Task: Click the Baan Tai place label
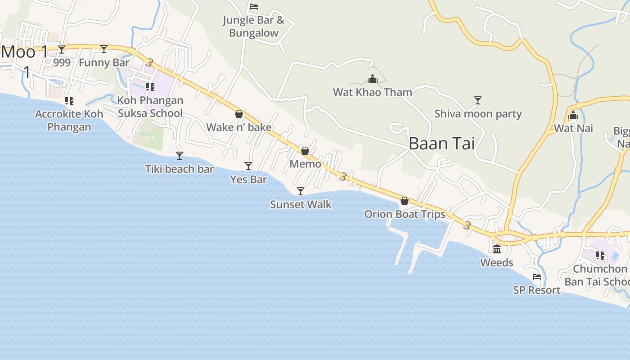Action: pyautogui.click(x=441, y=144)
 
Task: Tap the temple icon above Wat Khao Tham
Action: pyautogui.click(x=373, y=79)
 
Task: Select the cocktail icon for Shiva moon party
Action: pyautogui.click(x=478, y=100)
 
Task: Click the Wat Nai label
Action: pyautogui.click(x=573, y=128)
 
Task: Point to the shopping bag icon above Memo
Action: pyautogui.click(x=305, y=151)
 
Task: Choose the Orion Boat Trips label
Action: pyautogui.click(x=405, y=214)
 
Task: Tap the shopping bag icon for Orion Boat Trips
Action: pyautogui.click(x=405, y=201)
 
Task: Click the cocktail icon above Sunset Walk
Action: pyautogui.click(x=301, y=191)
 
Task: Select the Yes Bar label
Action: pyautogui.click(x=248, y=180)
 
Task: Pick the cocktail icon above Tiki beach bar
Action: pyautogui.click(x=180, y=156)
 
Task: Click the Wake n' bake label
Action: pyautogui.click(x=238, y=127)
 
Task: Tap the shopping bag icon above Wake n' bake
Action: pyautogui.click(x=239, y=114)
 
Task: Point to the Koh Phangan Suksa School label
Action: pyautogui.click(x=150, y=107)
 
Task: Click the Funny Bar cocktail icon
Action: pyautogui.click(x=104, y=49)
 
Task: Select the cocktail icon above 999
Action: pyautogui.click(x=62, y=49)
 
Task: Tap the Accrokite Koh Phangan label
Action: pyautogui.click(x=69, y=120)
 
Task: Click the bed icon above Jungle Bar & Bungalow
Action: pyautogui.click(x=254, y=7)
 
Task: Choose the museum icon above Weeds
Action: pyautogui.click(x=497, y=249)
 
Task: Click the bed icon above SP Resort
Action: pyautogui.click(x=537, y=277)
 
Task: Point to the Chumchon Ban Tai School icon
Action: pyautogui.click(x=600, y=256)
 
